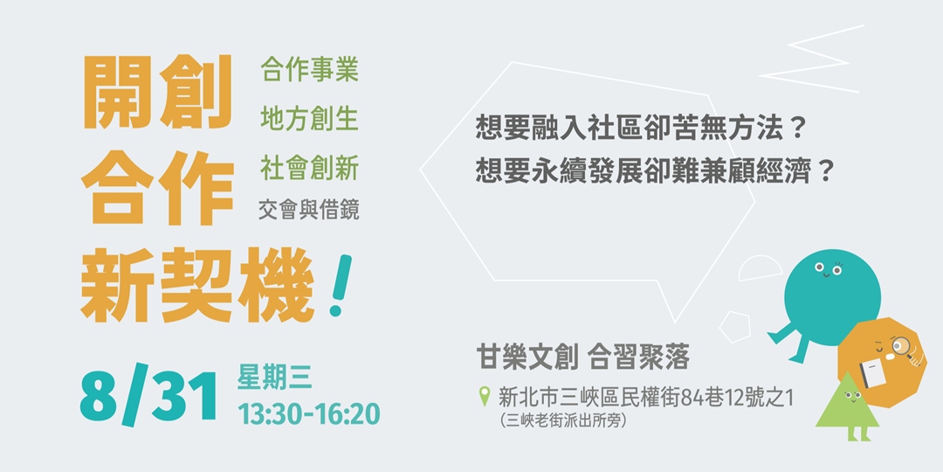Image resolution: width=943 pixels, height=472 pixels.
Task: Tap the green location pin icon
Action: (485, 399)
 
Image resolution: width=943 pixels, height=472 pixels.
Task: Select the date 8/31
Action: (148, 397)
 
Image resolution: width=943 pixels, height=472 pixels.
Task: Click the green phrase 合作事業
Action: (309, 71)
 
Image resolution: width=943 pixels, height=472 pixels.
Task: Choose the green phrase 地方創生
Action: (309, 118)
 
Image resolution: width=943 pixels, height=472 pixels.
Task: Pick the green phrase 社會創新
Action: (309, 165)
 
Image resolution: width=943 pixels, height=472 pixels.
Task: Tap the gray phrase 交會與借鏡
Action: (309, 210)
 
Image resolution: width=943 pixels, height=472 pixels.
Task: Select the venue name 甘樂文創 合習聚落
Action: (582, 357)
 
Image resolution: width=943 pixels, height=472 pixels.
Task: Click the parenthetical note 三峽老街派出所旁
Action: (564, 420)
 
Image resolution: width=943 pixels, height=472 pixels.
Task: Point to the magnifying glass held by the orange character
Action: (902, 349)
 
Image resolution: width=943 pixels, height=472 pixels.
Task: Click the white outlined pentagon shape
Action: (739, 325)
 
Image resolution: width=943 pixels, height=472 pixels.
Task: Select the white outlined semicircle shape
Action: (760, 267)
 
